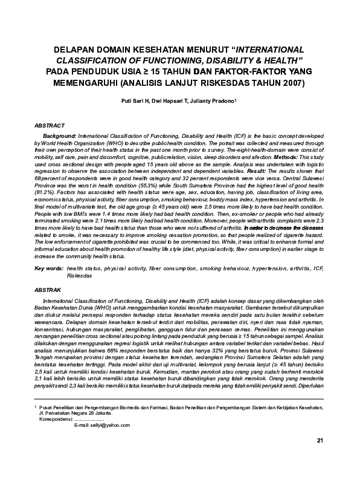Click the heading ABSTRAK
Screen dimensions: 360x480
48,290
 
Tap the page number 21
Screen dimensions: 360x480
320,457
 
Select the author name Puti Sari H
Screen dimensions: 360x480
134,103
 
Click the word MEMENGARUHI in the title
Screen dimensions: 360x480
82,81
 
